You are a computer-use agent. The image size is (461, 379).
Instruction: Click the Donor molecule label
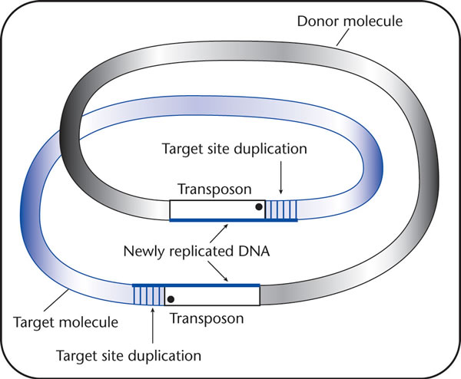[x=350, y=21]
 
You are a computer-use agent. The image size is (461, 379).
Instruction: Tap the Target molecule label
[x=65, y=322]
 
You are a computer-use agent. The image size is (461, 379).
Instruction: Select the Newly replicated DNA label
[x=197, y=252]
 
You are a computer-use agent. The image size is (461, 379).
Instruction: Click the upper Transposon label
[x=214, y=189]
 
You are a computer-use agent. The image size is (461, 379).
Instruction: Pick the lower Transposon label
[x=207, y=318]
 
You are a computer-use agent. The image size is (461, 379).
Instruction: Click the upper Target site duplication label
[x=234, y=149]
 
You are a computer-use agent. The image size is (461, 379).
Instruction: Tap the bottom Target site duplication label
[x=128, y=356]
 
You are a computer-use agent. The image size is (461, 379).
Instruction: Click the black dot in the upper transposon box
[x=259, y=207]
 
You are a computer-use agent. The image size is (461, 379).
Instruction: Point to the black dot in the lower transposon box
[x=171, y=299]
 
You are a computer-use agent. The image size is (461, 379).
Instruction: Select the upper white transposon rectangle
[x=217, y=209]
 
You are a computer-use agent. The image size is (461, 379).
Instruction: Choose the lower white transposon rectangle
[x=212, y=296]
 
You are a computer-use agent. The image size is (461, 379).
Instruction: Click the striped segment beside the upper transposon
[x=280, y=209]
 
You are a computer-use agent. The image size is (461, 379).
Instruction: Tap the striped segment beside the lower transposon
[x=149, y=296]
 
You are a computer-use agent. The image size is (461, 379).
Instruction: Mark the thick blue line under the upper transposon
[x=234, y=220]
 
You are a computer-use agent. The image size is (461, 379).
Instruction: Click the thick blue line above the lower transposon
[x=196, y=285]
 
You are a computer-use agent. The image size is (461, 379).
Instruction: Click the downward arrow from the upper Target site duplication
[x=280, y=177]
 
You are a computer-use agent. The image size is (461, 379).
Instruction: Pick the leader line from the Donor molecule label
[x=343, y=38]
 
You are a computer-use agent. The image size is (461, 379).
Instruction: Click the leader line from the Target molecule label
[x=56, y=300]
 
